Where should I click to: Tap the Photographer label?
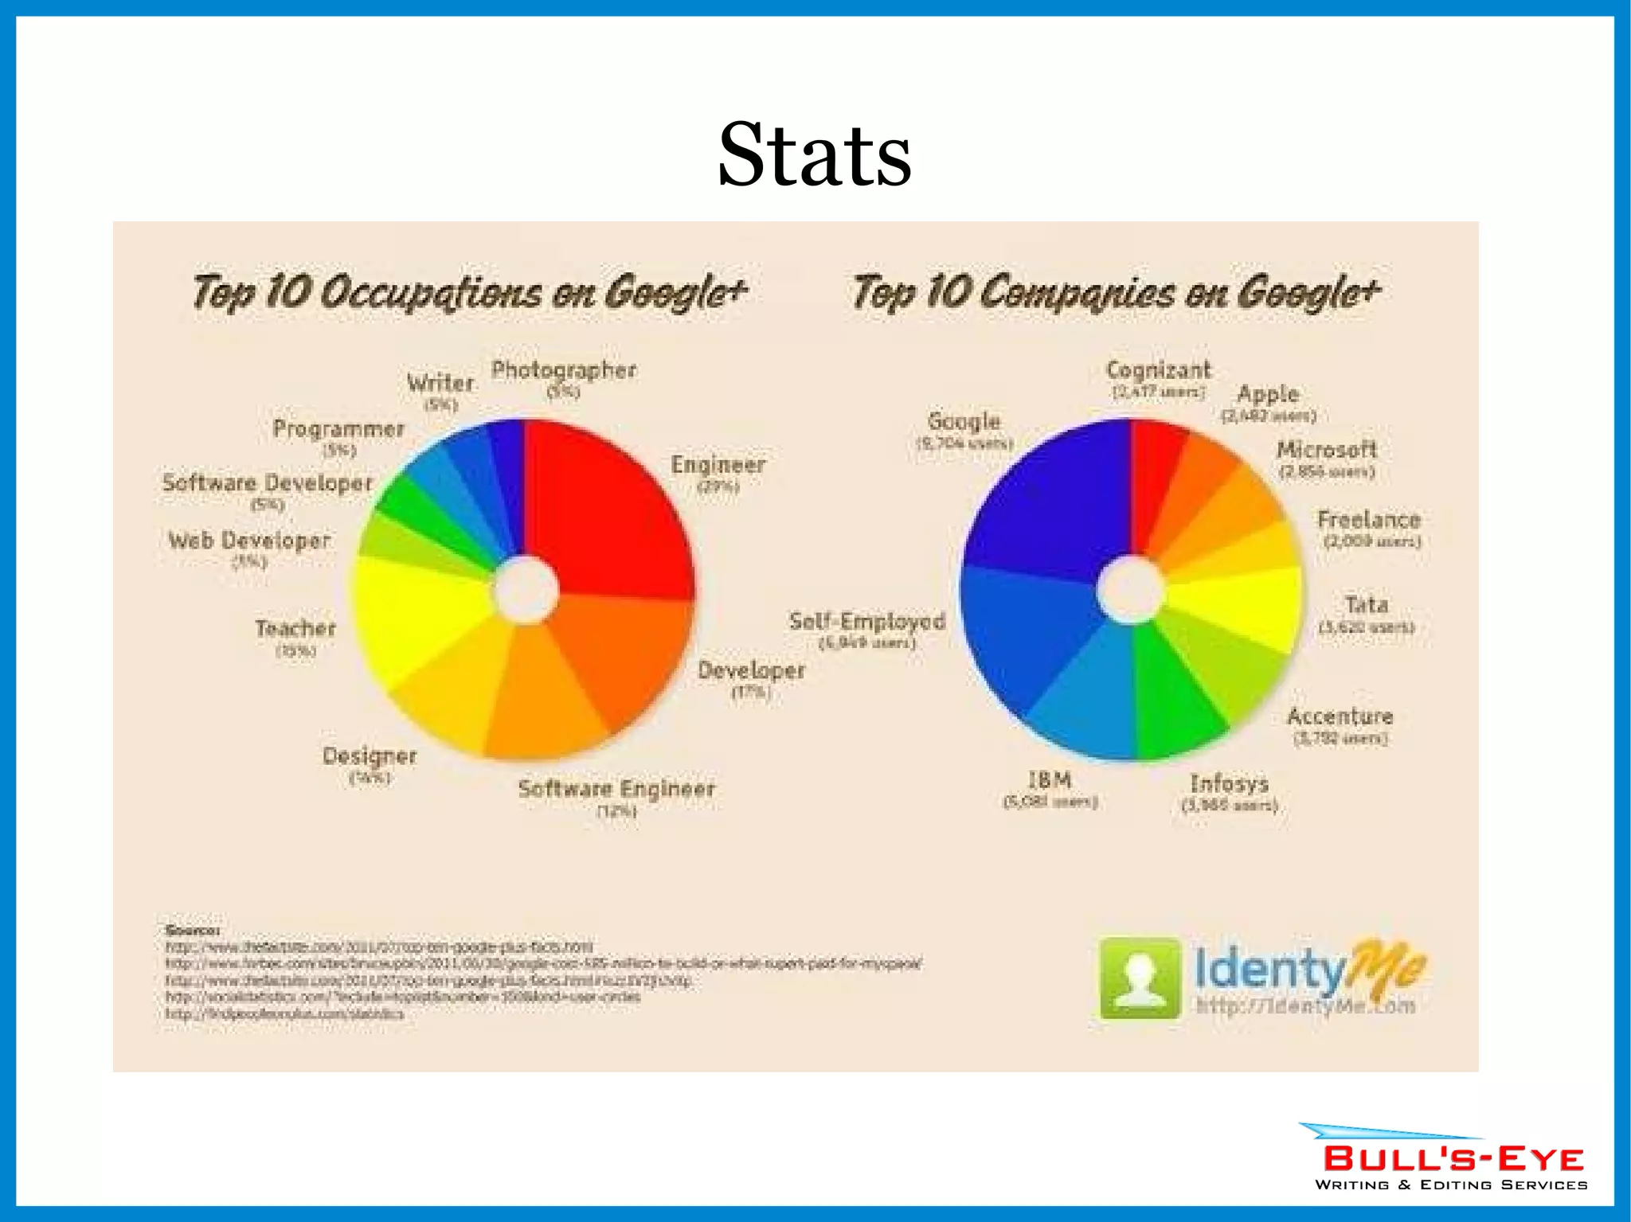563,370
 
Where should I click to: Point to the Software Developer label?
268,483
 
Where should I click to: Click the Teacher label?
295,629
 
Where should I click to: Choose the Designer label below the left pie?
370,756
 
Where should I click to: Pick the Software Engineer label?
616,789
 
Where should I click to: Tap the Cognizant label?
1158,370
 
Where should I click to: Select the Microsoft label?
1327,450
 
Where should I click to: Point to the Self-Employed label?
867,622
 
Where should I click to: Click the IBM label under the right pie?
1050,780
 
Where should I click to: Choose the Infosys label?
1230,784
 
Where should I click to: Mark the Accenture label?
1340,716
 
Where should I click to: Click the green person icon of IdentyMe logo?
1140,978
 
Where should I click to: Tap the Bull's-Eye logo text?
1453,1159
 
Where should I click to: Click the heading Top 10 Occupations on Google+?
470,291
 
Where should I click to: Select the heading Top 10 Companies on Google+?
1116,291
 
